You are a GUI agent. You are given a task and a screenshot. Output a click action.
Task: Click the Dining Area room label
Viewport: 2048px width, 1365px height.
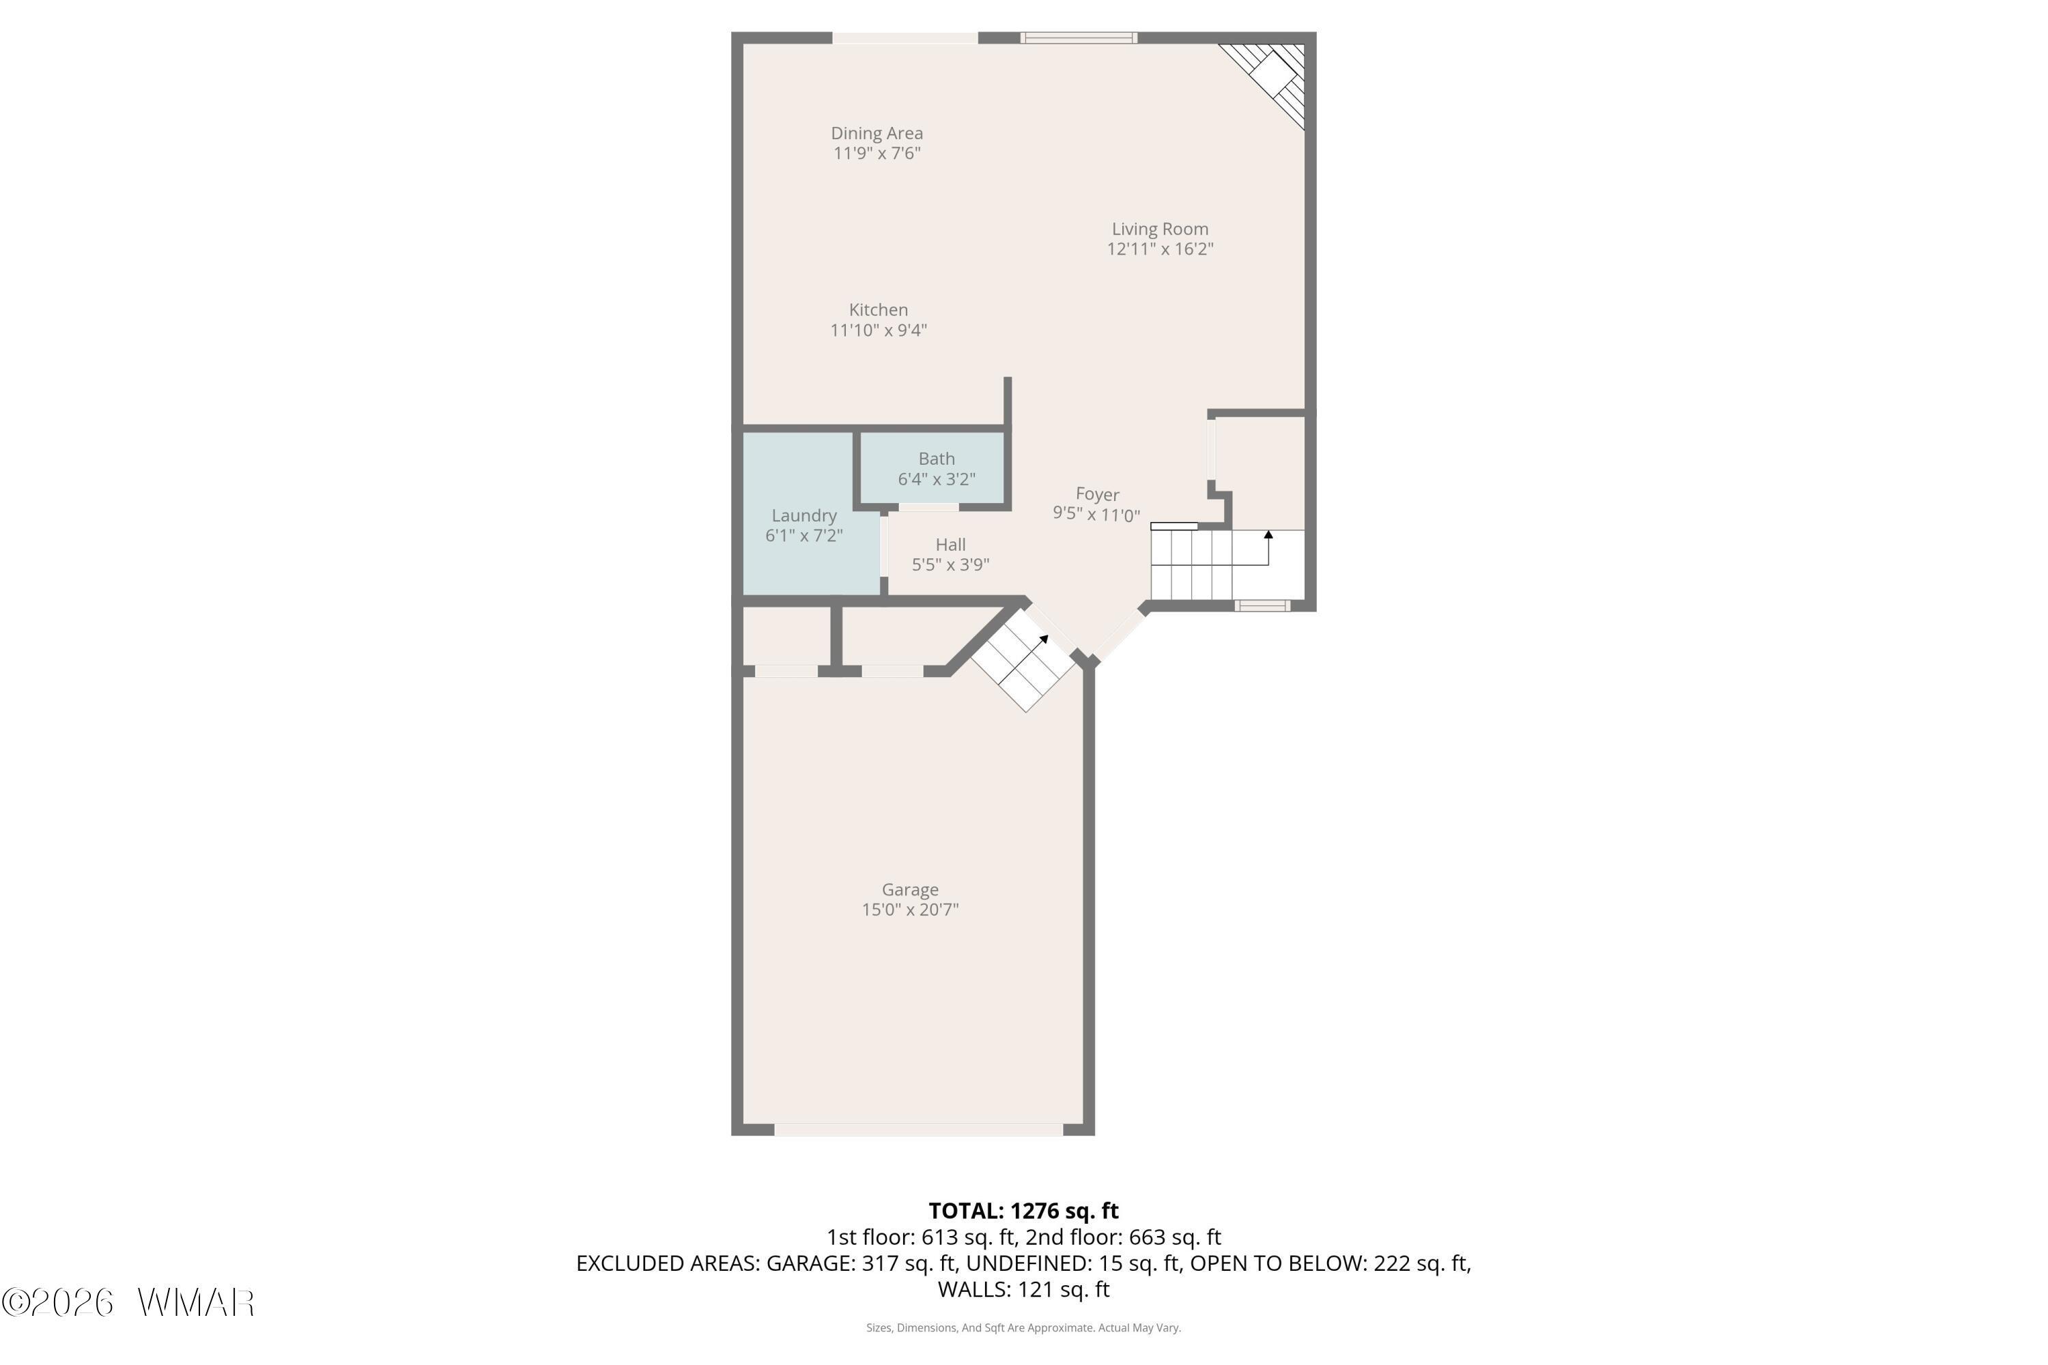877,133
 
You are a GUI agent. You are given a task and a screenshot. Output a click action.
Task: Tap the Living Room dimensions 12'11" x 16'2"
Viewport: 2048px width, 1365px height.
1160,249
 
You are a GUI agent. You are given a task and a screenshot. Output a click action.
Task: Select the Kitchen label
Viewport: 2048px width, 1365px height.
879,310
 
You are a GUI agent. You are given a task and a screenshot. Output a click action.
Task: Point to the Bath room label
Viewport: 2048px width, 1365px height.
937,459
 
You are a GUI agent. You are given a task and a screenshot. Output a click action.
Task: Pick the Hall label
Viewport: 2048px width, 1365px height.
951,545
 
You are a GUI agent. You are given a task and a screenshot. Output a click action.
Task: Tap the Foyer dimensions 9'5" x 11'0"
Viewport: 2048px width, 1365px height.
1096,515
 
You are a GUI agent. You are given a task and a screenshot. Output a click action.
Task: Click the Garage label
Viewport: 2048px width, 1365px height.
910,890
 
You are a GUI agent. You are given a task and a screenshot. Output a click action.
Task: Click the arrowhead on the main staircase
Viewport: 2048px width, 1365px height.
1268,534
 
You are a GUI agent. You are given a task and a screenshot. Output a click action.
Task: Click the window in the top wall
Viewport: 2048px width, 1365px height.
1079,38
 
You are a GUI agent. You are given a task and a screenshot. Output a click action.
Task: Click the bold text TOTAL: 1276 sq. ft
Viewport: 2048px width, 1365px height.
1024,1211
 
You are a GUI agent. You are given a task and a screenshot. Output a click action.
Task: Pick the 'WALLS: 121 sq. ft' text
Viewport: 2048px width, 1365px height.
1024,1289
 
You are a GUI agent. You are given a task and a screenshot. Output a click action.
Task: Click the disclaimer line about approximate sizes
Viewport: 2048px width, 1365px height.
1024,1327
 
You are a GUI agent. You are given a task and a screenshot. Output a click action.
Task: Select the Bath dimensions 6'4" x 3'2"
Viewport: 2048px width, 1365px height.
937,479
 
